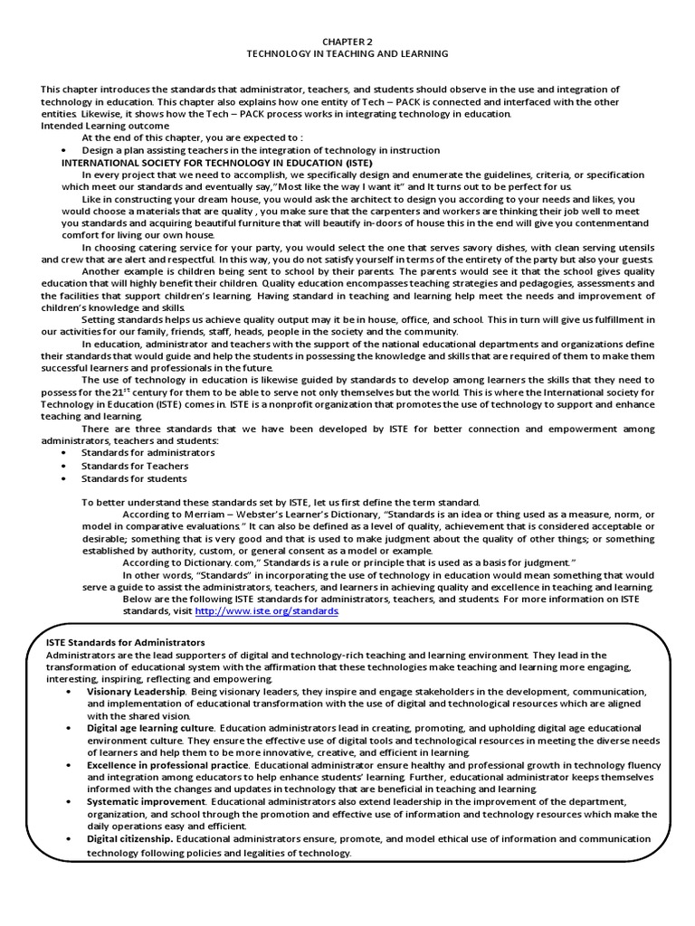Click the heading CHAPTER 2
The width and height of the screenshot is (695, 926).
coord(347,41)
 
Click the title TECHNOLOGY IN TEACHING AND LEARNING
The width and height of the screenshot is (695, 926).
coord(347,53)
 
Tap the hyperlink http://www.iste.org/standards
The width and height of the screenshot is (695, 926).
coord(267,611)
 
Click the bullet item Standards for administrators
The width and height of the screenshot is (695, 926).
coord(148,452)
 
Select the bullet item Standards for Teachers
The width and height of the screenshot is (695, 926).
coord(135,466)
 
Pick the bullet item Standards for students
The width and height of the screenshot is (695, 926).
coord(134,478)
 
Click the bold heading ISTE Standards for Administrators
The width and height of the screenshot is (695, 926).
coord(125,642)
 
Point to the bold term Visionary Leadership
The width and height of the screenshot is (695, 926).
coord(137,691)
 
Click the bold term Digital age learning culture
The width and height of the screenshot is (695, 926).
coord(150,728)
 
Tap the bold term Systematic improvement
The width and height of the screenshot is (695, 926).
coord(144,802)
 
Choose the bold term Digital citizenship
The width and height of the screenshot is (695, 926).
coord(129,839)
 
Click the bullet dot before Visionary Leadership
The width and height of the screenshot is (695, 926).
coord(70,692)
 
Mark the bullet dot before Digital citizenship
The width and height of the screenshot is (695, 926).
coord(70,840)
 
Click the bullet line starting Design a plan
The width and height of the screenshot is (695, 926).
coord(261,150)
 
